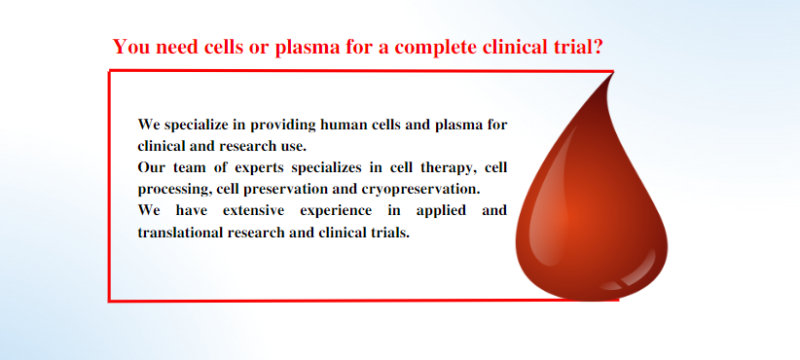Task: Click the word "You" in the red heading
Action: point(129,47)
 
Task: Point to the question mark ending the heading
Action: point(598,47)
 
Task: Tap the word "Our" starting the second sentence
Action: point(151,167)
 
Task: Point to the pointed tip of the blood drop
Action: point(612,73)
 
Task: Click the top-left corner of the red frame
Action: point(109,71)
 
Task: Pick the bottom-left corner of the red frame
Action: point(109,301)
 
